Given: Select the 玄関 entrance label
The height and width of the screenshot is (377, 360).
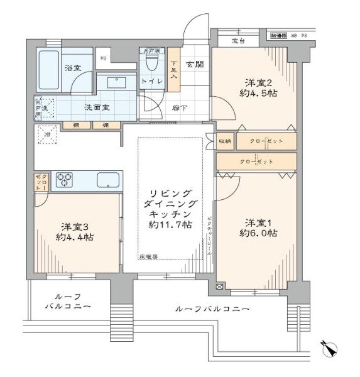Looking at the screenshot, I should click(192, 63).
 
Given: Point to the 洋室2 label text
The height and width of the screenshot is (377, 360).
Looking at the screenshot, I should click(258, 82).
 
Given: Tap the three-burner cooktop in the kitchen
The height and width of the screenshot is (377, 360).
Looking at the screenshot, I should click(67, 180).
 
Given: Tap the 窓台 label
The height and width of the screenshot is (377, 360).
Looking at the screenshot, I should click(239, 41).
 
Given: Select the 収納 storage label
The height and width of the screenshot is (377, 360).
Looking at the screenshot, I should click(224, 141).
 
